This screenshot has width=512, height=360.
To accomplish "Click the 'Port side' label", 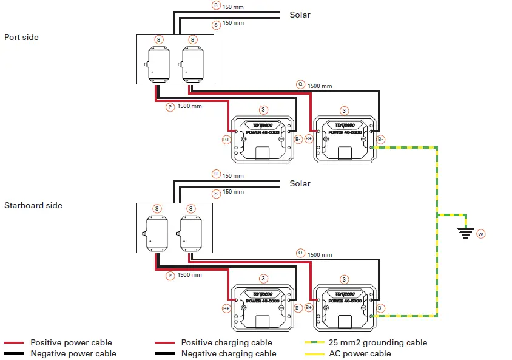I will [x=21, y=37].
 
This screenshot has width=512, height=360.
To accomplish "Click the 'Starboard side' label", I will [x=33, y=205].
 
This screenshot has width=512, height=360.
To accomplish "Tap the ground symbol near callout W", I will [x=466, y=231].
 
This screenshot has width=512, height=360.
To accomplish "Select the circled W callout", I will [x=481, y=234].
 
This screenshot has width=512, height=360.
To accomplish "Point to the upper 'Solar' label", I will [x=300, y=15].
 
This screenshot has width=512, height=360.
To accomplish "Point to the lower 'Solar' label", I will [x=300, y=183].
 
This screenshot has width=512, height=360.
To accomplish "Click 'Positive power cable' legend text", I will [x=71, y=342].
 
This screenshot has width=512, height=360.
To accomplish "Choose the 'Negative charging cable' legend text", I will [x=229, y=353].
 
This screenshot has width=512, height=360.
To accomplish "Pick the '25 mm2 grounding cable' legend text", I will [x=378, y=342].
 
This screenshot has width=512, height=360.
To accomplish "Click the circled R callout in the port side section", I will [x=216, y=5].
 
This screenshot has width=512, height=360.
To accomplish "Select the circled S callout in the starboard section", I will [x=216, y=194].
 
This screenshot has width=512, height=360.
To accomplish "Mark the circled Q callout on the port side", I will [x=300, y=84].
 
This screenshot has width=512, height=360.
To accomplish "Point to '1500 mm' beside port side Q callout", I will [x=320, y=86].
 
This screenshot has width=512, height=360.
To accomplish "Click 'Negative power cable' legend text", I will [x=73, y=353].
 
